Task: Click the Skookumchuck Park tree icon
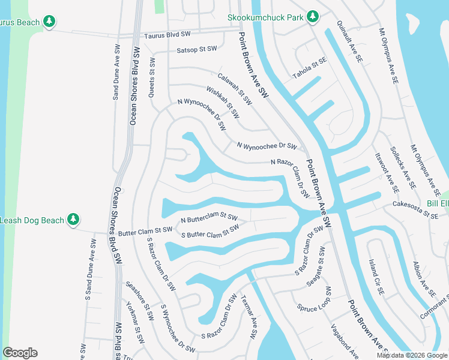pos(312,17)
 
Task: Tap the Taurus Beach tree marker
pos(50,22)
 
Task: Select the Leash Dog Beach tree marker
pos(73,220)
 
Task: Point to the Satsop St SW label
pos(196,49)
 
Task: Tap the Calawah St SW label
pos(234,88)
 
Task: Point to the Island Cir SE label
pos(375,277)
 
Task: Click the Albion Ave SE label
pos(424,280)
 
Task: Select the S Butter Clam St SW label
pos(210,231)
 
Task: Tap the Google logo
pos(20,353)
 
